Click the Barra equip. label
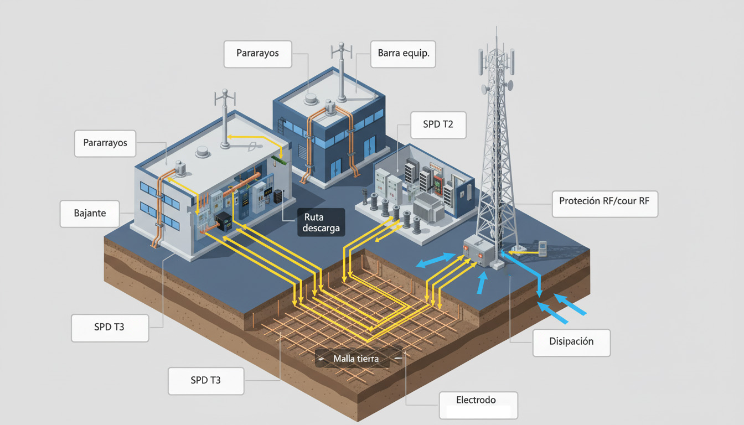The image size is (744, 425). (403, 54)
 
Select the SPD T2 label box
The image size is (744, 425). (438, 125)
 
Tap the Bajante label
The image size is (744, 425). (90, 214)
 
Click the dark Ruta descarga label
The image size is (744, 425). (321, 222)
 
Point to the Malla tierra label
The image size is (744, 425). (356, 359)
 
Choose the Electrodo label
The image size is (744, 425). (478, 405)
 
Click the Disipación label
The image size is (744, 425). (571, 343)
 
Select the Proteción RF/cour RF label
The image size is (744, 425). (604, 204)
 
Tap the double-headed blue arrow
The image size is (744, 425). (436, 260)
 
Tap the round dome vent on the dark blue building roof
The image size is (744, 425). (311, 99)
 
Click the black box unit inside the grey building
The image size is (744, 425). (225, 221)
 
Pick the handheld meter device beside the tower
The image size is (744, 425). (542, 248)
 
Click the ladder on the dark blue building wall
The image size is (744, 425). (282, 126)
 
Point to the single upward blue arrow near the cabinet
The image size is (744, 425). (482, 283)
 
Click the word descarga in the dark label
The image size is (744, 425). (321, 228)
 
